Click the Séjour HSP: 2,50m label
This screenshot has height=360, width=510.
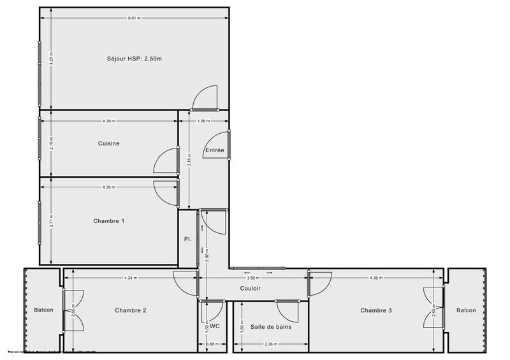tap(135, 59)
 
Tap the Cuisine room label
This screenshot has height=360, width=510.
tap(109, 143)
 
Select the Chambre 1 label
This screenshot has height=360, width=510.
tap(109, 221)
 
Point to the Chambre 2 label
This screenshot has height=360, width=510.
tap(131, 310)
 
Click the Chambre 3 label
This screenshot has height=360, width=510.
tap(376, 310)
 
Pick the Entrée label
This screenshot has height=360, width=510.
tap(214, 151)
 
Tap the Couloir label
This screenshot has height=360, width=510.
tap(250, 288)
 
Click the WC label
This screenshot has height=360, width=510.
tap(215, 326)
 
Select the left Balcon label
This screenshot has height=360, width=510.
tap(44, 310)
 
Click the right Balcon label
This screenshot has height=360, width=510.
tap(466, 310)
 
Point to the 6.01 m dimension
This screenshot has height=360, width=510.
tap(134, 18)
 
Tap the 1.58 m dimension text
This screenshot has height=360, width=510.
tap(203, 121)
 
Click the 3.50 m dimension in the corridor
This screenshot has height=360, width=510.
tap(252, 277)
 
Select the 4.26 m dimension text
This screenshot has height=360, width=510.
tap(376, 277)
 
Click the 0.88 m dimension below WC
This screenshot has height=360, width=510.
tap(212, 345)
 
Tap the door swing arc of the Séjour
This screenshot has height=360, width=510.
tap(205, 97)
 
